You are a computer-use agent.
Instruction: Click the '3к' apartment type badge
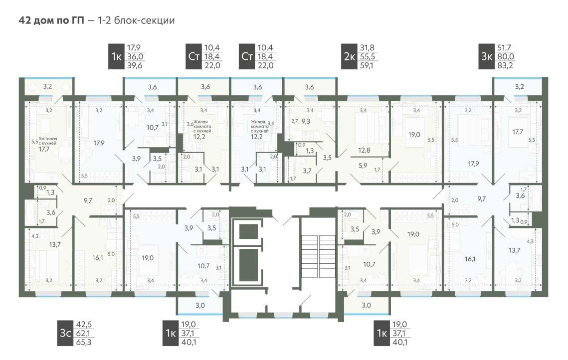pos(487,56)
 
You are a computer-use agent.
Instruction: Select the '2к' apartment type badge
pos(349,56)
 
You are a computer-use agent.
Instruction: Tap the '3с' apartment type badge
pos(65,333)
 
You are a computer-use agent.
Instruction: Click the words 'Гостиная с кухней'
pos(47,141)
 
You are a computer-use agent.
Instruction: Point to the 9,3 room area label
pos(306,121)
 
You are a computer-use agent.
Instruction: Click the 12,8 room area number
pos(364,150)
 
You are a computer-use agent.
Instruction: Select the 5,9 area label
pos(363,166)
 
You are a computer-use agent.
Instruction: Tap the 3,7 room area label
pos(307,171)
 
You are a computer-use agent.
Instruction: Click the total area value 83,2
pos(505,65)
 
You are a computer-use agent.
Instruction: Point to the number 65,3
pos(84,342)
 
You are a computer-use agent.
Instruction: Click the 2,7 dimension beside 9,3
pos(295,121)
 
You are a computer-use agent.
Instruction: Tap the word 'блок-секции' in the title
pos(144,20)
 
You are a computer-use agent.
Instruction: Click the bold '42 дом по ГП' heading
pos(51,20)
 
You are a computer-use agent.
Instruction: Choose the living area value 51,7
pos(504,47)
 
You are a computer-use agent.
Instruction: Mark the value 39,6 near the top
pos(134,65)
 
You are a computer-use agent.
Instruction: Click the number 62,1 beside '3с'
pos(83,333)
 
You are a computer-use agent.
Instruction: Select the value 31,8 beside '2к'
pos(367,47)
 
